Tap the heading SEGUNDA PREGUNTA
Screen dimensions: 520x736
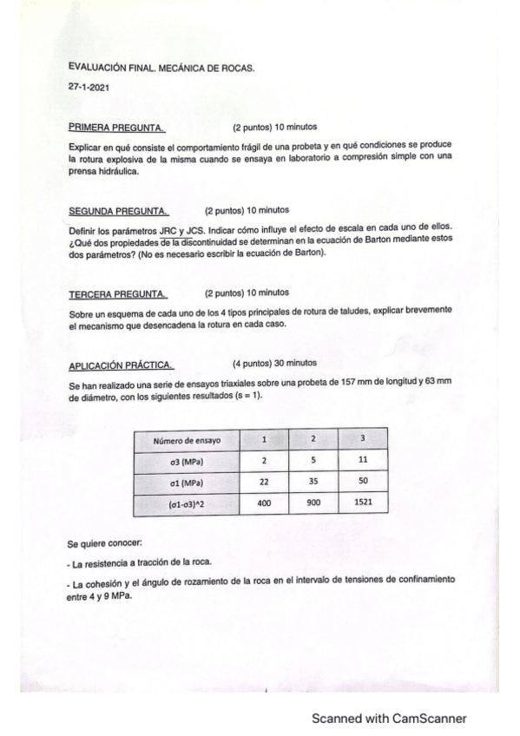click(118, 210)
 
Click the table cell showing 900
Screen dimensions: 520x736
click(313, 503)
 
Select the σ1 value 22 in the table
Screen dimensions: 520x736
click(264, 482)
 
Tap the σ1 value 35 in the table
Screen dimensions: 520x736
click(313, 482)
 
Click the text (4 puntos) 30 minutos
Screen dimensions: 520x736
click(275, 363)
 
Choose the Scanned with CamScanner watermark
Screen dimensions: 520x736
click(390, 718)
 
